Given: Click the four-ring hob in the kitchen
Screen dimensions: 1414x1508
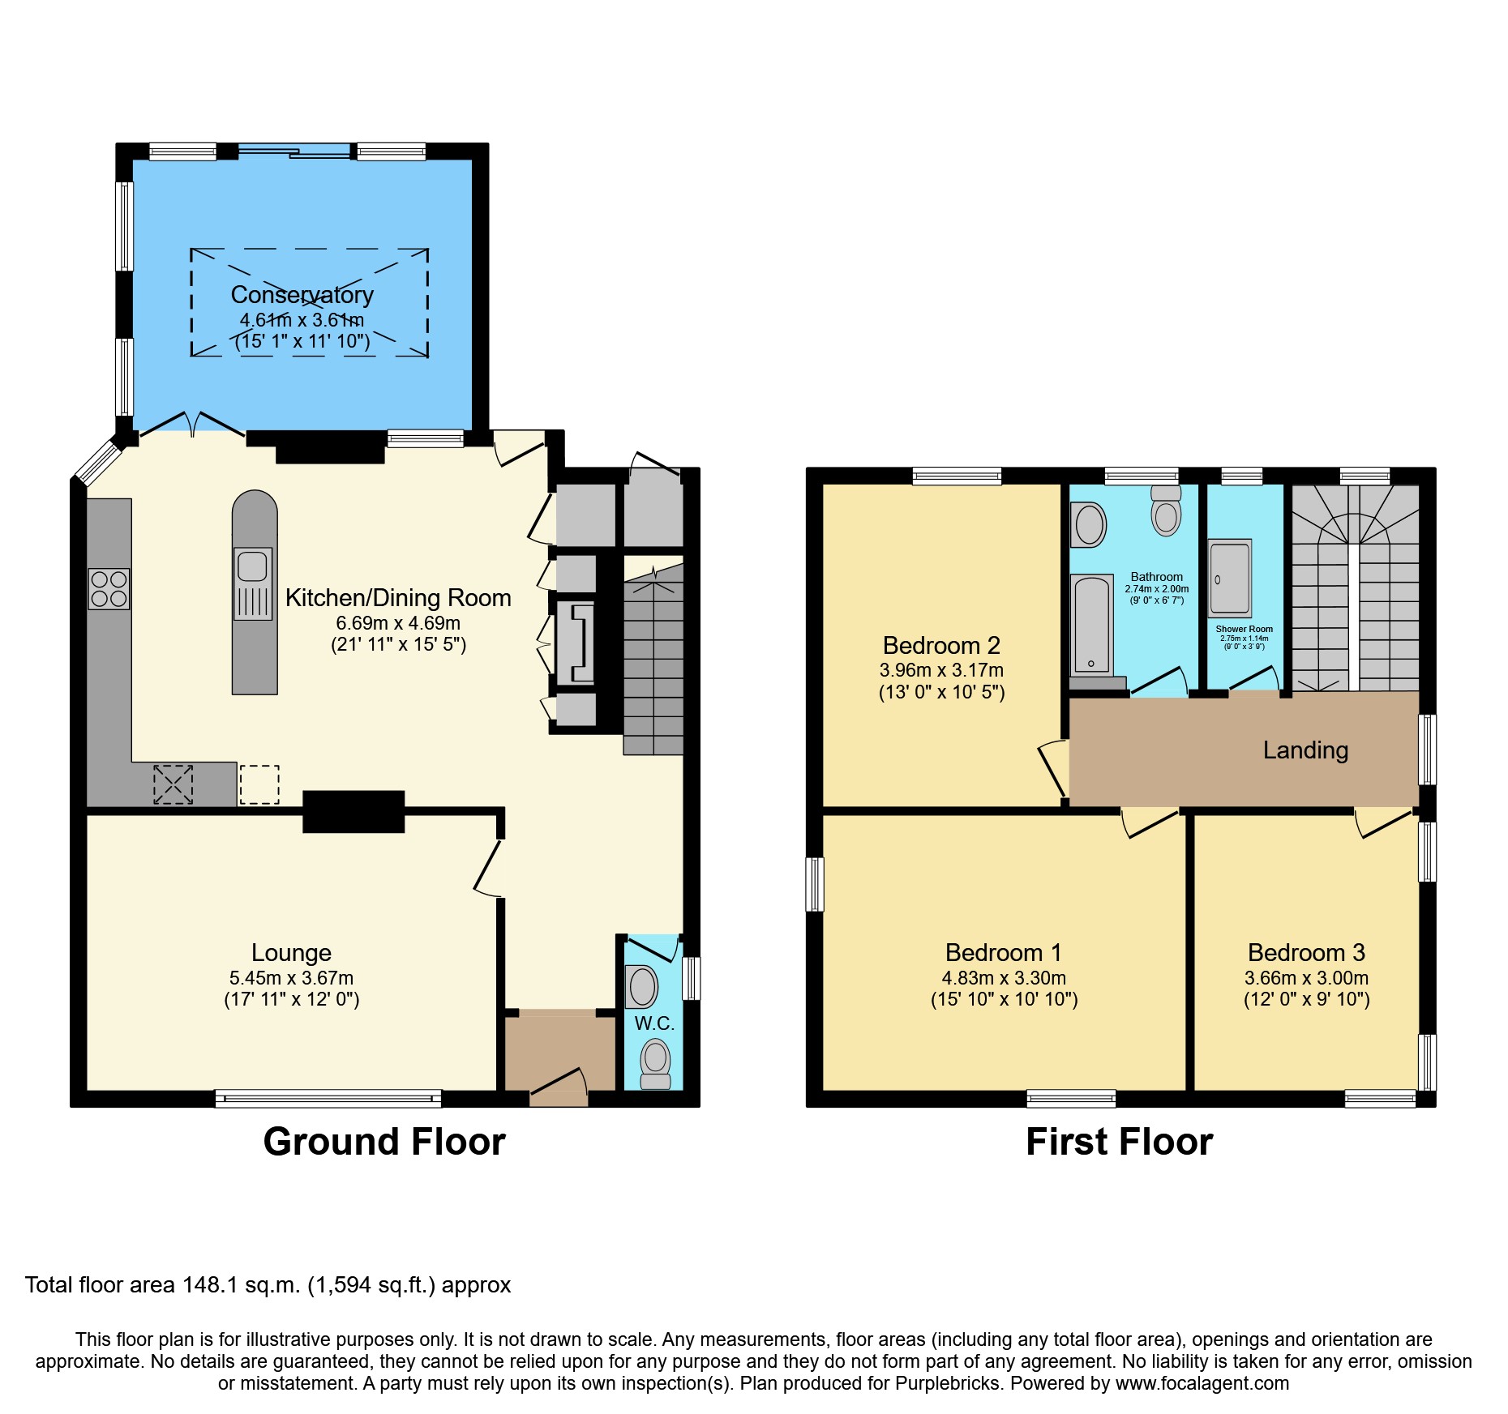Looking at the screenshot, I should (109, 589).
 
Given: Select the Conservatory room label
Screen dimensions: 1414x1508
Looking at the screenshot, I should (302, 295).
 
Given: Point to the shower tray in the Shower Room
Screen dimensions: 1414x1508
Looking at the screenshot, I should (1230, 579).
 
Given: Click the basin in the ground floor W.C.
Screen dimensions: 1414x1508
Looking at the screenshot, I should (642, 986).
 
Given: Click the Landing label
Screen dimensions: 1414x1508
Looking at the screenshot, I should (1305, 750).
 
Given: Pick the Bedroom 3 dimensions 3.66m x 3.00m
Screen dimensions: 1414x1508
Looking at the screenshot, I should (1306, 978).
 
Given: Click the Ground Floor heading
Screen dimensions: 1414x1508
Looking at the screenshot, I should (384, 1142).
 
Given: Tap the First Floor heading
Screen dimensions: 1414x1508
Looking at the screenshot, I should (1119, 1142).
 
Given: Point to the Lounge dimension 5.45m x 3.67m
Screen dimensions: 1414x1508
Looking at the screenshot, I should (291, 978).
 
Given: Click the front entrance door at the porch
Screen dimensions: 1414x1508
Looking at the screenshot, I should (559, 1086).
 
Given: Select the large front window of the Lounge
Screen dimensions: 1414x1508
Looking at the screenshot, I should (328, 1099).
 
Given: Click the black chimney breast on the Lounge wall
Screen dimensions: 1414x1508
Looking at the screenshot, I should (353, 811).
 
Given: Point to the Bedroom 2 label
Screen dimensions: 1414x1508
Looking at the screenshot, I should (941, 646).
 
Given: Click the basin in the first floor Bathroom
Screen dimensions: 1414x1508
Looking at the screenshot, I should (1089, 524).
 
